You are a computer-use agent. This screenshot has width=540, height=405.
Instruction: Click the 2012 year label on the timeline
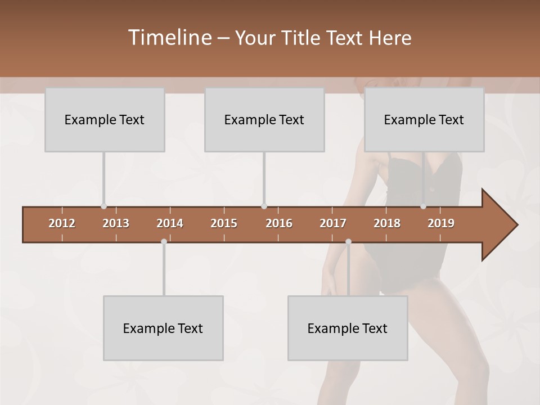pos(62,223)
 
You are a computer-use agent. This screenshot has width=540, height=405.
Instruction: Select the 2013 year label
pos(116,223)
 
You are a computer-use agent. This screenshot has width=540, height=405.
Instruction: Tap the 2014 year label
pos(170,223)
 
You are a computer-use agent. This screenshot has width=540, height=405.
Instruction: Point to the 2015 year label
pos(224,223)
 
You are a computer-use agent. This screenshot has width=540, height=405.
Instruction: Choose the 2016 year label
pos(279,223)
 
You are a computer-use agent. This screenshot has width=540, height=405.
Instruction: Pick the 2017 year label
pos(333,223)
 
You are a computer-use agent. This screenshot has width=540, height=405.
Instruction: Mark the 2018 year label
pos(387,223)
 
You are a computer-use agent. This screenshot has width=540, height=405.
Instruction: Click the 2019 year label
pos(441,223)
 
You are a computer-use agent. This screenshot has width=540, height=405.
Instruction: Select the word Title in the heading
pos(303,38)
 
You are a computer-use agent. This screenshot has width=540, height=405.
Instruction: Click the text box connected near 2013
pos(105,120)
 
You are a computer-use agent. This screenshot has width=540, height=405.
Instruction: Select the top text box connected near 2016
pos(264,120)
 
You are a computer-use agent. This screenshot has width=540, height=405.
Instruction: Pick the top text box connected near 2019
pos(424,120)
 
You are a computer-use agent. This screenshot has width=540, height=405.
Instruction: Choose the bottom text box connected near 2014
pos(163,328)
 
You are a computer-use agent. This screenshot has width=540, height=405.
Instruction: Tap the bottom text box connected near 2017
pos(348,328)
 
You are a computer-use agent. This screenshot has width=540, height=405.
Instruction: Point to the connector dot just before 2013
pos(103,206)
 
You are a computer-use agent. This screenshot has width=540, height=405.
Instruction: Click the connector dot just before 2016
pos(264,206)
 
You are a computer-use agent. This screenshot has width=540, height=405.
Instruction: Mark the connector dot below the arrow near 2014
pos(164,242)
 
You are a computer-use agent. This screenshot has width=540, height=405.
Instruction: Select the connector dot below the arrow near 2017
pos(348,242)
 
